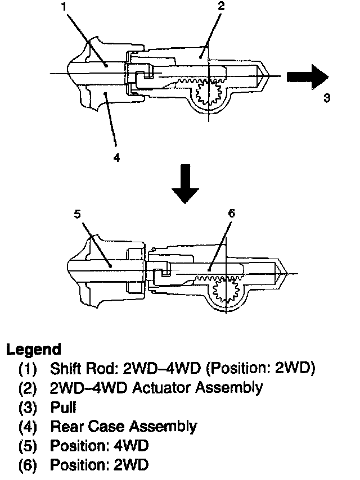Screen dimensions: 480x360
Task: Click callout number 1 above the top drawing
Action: (64, 7)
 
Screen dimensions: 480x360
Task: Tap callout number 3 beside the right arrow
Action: (327, 98)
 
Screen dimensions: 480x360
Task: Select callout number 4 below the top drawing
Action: (116, 157)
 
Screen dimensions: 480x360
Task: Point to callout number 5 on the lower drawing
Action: (78, 214)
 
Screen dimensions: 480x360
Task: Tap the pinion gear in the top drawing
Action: (209, 93)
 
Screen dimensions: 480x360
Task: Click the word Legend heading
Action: (33, 350)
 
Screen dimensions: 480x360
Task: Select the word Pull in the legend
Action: (63, 407)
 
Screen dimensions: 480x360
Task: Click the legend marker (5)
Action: (28, 445)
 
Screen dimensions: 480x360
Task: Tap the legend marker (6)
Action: (28, 465)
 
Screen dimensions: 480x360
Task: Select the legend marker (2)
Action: (28, 388)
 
